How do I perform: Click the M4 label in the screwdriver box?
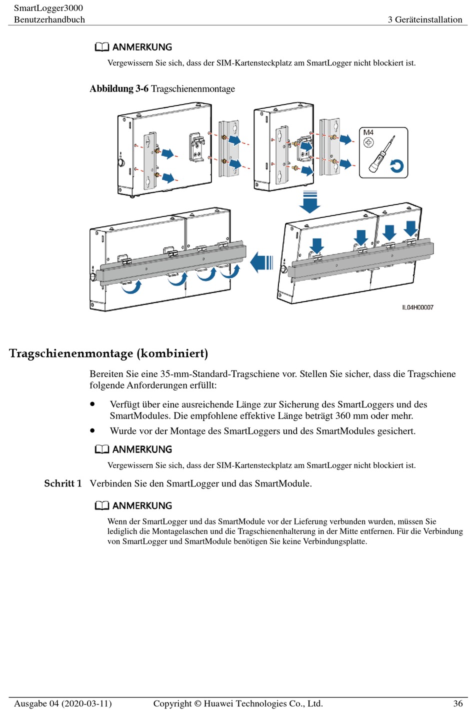tap(368, 132)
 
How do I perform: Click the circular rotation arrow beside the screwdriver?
tap(397, 165)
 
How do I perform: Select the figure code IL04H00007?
tap(417, 307)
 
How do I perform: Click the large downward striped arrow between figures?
tap(310, 201)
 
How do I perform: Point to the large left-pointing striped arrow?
tap(261, 262)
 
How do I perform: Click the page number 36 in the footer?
tap(457, 703)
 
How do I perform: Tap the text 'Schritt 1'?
tap(62, 483)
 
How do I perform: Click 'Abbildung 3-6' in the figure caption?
tap(119, 89)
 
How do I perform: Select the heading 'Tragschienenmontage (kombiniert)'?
tap(108, 353)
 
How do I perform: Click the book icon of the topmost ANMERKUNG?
tap(102, 47)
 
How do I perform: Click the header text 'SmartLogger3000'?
tap(48, 8)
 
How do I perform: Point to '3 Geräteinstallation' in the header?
tap(425, 19)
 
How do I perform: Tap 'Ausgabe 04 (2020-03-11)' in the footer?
tap(62, 703)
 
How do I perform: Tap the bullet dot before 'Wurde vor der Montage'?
tap(92, 430)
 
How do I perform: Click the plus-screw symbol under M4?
tap(368, 142)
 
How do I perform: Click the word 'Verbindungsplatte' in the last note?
tap(334, 541)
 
